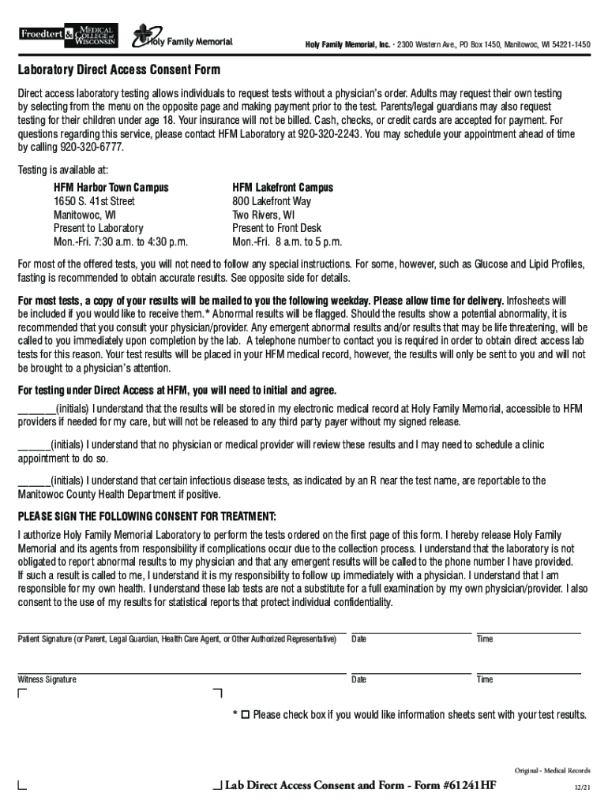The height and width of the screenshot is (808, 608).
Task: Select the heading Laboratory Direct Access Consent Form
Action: pyautogui.click(x=119, y=69)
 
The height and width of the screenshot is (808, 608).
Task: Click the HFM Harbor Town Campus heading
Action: pyautogui.click(x=111, y=188)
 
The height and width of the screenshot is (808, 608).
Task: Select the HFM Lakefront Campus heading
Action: pyautogui.click(x=283, y=188)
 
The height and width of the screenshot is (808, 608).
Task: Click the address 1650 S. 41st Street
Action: pyautogui.click(x=94, y=201)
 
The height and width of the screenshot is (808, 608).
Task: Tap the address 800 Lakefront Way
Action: pyautogui.click(x=272, y=201)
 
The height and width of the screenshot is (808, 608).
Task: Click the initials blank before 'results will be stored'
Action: pyautogui.click(x=36, y=409)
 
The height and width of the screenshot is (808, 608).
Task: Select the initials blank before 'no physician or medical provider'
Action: pyautogui.click(x=34, y=445)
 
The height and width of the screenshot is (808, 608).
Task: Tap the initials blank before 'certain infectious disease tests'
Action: pyautogui.click(x=34, y=481)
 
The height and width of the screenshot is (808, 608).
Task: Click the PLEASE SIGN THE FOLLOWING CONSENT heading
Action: pyautogui.click(x=147, y=517)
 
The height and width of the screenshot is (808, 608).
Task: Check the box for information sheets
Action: pyautogui.click(x=245, y=714)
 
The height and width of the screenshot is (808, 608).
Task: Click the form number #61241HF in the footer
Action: pyautogui.click(x=469, y=786)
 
